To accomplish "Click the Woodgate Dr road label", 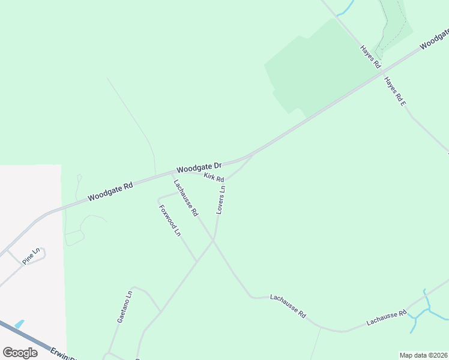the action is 199,167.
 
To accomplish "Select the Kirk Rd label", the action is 214,178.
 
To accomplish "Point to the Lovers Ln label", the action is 221,199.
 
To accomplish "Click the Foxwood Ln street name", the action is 170,220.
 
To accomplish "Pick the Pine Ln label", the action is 31,257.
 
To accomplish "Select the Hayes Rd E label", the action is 396,92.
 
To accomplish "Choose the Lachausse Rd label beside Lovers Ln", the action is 186,198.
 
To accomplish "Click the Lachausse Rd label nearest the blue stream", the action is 387,317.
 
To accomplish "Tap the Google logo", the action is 20,353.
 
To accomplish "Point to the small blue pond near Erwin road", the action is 19,324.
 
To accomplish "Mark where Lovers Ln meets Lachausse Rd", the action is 214,239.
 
